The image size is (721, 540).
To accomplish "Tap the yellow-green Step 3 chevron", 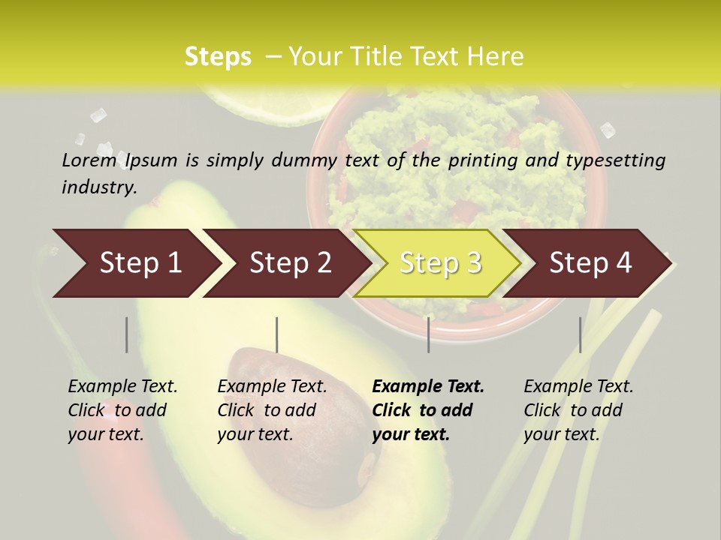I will (439, 263).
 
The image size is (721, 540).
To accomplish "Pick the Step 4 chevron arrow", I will (590, 263).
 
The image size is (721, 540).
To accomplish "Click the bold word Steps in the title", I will (218, 57).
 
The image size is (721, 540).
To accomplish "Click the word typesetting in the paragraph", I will (615, 160).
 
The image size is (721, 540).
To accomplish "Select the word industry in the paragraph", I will (98, 187).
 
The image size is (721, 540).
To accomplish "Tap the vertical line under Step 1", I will (127, 334).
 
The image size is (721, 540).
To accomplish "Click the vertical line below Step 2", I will (277, 334).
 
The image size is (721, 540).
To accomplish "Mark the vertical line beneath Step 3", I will (428, 334).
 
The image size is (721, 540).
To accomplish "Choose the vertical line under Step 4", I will (580, 334).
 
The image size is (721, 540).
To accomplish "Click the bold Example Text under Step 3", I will (428, 387).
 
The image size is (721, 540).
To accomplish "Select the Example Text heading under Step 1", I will (122, 387).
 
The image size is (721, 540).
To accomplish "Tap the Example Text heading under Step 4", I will (578, 387).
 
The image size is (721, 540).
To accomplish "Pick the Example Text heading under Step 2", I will (272, 387).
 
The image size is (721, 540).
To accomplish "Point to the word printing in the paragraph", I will (481, 160).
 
